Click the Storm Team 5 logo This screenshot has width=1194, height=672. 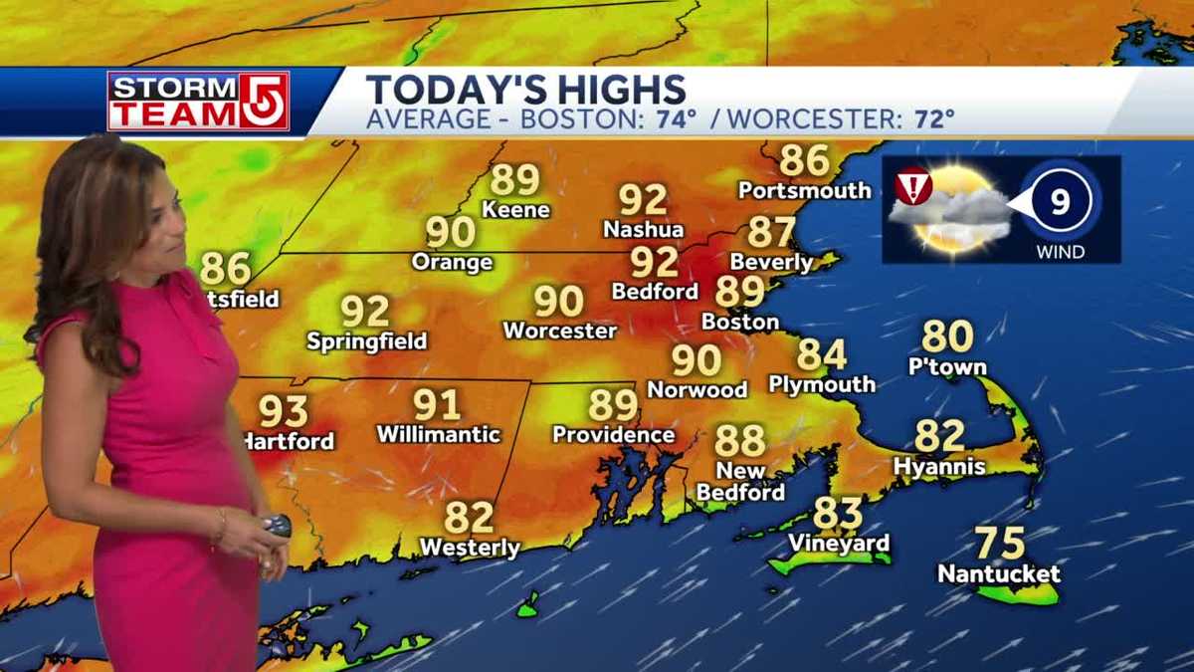pyautogui.click(x=198, y=101)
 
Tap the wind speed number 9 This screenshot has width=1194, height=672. pyautogui.click(x=1060, y=203)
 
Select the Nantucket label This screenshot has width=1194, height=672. pyautogui.click(x=999, y=573)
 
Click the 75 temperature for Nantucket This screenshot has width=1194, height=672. pyautogui.click(x=999, y=544)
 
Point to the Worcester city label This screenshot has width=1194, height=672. pyautogui.click(x=560, y=331)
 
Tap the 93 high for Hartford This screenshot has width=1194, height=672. pyautogui.click(x=284, y=411)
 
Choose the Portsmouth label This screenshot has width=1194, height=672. pyautogui.click(x=805, y=190)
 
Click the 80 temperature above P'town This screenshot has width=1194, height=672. pyautogui.click(x=946, y=337)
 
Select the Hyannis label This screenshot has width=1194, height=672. pyautogui.click(x=939, y=466)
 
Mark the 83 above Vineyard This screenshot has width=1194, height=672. pyautogui.click(x=837, y=515)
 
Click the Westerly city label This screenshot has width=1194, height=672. pyautogui.click(x=470, y=548)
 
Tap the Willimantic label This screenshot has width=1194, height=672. pyautogui.click(x=439, y=435)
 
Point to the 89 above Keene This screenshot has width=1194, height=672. pyautogui.click(x=514, y=180)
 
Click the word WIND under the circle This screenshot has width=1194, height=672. pyautogui.click(x=1060, y=252)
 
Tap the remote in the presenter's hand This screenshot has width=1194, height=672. pyautogui.click(x=277, y=526)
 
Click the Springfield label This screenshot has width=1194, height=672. pyautogui.click(x=366, y=341)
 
